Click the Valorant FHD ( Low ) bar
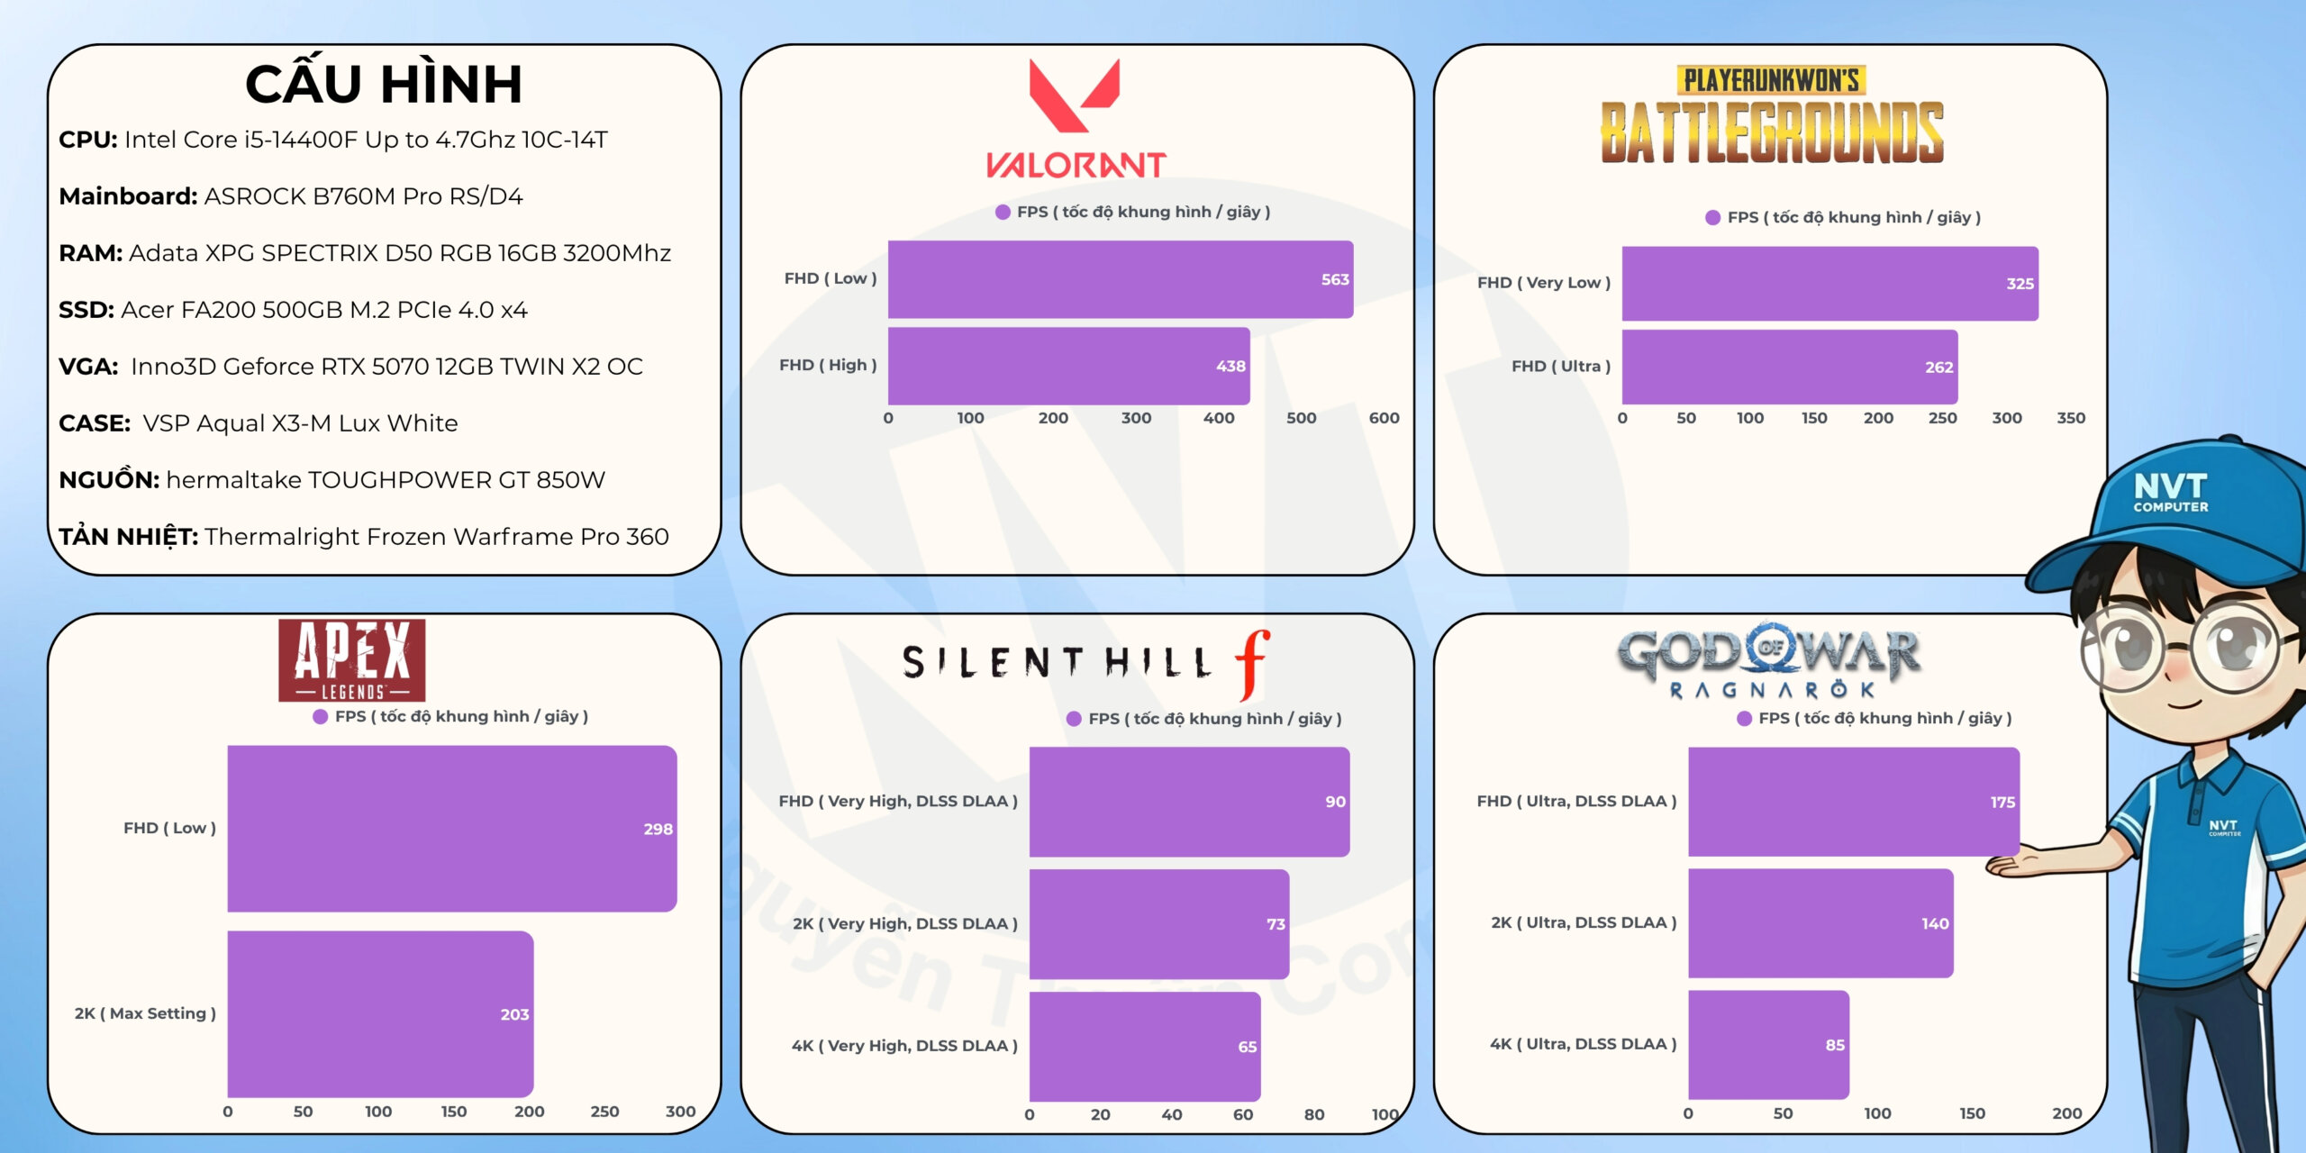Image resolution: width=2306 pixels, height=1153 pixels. click(x=1120, y=279)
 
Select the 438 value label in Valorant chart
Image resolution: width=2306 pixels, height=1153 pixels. click(x=1230, y=367)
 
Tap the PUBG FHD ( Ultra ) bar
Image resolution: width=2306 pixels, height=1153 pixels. click(x=1789, y=367)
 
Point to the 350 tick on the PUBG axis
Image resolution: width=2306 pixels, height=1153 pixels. click(x=2071, y=418)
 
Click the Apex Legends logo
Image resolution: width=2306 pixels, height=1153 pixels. click(x=351, y=660)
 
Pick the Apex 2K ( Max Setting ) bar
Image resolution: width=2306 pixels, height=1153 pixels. click(x=380, y=1013)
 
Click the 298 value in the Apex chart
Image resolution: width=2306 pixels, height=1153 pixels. click(x=658, y=829)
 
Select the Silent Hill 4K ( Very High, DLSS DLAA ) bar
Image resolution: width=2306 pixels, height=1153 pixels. click(x=1144, y=1046)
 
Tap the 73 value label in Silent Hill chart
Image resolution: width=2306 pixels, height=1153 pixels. click(x=1276, y=924)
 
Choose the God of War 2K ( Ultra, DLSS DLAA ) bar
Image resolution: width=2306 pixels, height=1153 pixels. click(x=1820, y=923)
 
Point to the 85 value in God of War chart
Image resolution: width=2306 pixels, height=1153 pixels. click(x=1835, y=1045)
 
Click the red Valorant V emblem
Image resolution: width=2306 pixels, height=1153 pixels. click(x=1075, y=95)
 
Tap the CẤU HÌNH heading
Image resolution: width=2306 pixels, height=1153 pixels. click(x=384, y=85)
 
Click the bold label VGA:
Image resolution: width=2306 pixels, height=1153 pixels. click(x=88, y=367)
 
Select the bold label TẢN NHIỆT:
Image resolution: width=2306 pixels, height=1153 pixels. click(x=128, y=537)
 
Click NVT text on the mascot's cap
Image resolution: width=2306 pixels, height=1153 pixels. click(x=2170, y=487)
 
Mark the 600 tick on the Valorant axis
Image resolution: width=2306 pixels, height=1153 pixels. click(x=1384, y=418)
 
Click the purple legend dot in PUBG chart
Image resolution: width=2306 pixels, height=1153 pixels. click(x=1712, y=217)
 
